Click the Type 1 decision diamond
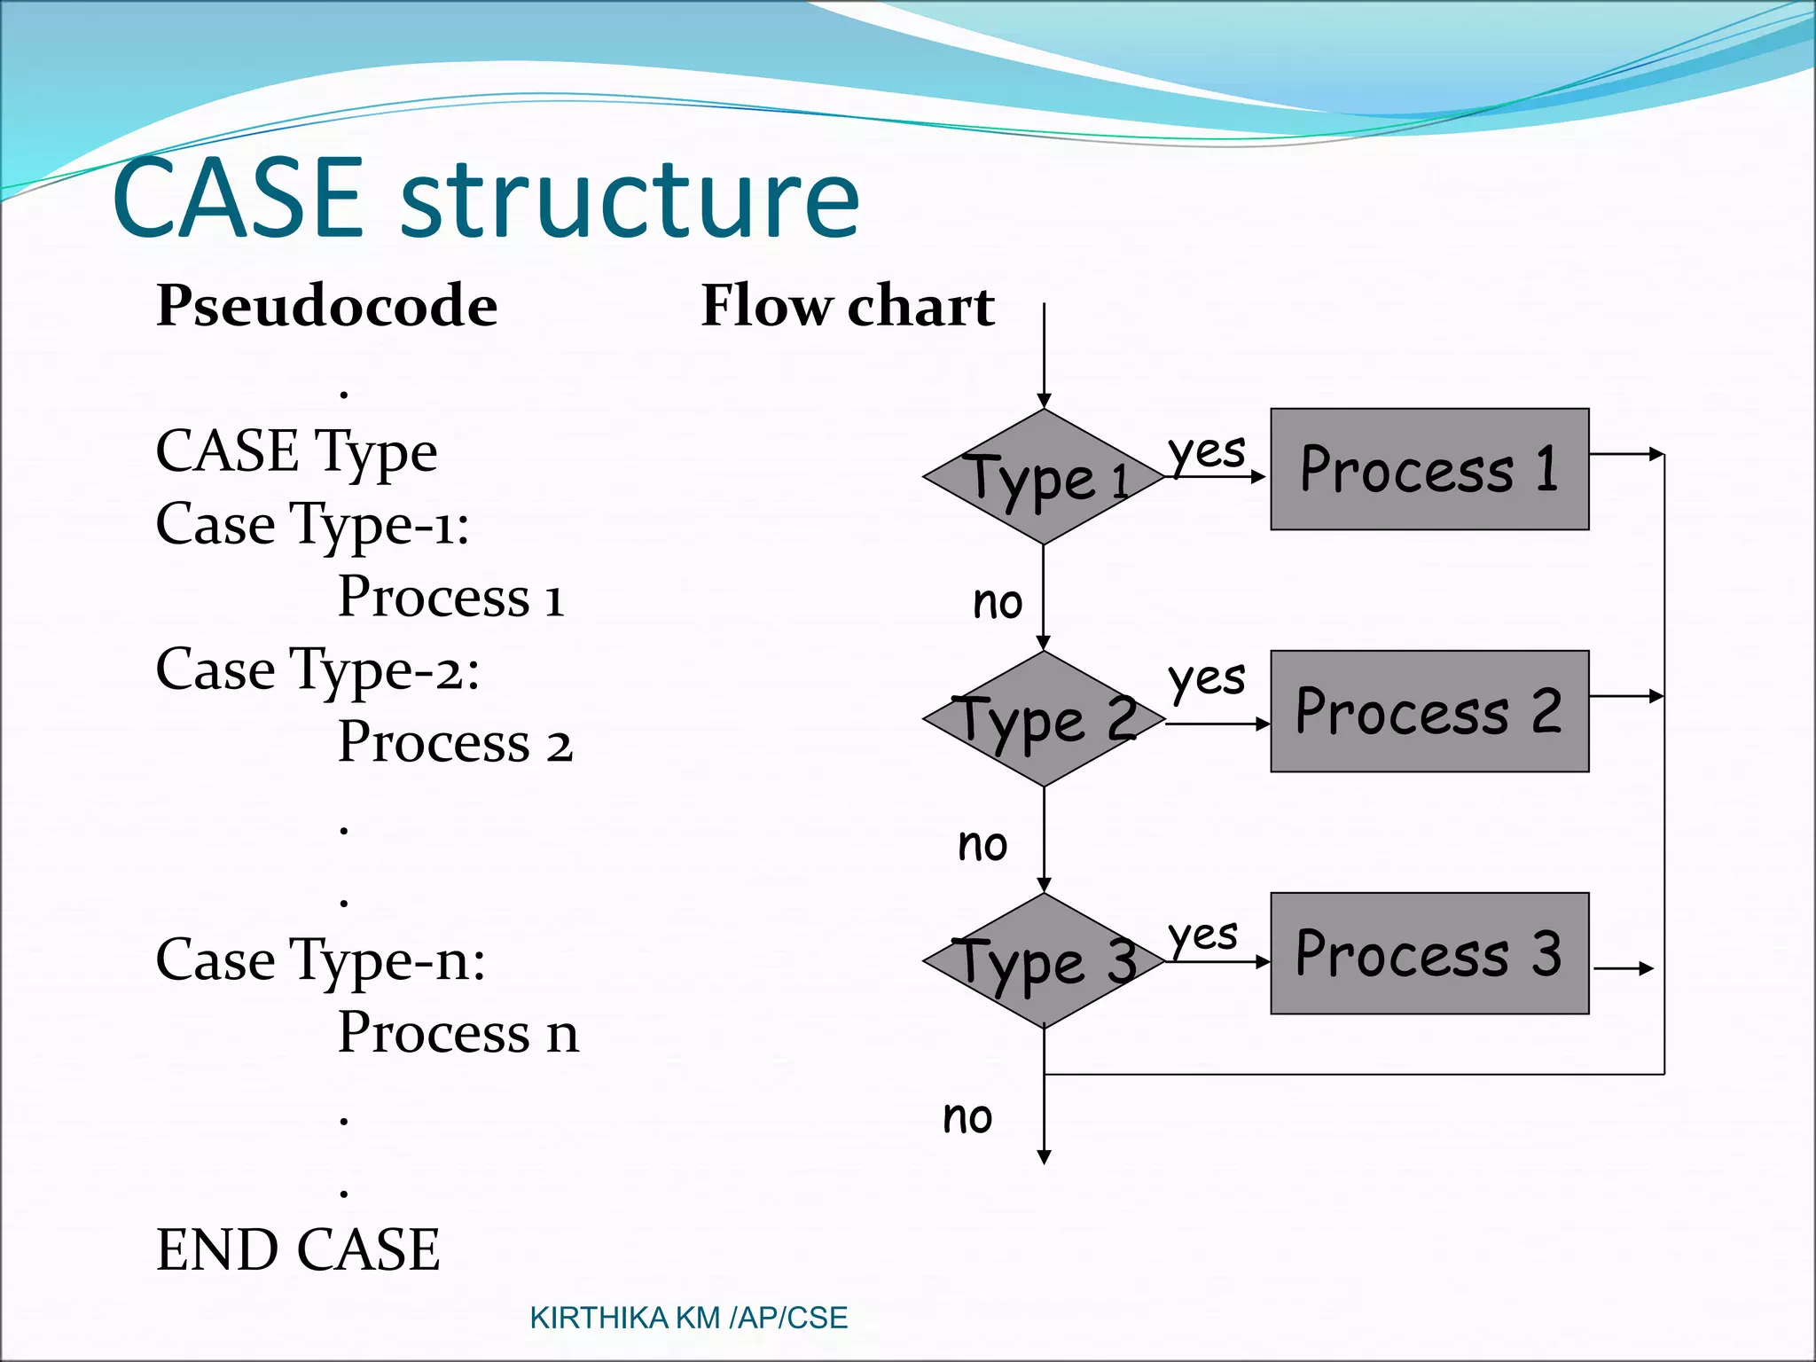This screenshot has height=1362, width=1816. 1044,477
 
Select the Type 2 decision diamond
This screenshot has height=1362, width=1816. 1044,719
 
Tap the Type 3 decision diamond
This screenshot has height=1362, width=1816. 1044,961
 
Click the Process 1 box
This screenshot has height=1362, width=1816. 1429,469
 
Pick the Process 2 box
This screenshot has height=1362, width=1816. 1429,711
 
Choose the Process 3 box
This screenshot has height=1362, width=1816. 1429,953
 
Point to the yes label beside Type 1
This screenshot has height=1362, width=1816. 1206,452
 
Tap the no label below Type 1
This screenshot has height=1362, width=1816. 998,603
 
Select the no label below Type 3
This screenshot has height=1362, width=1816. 967,1117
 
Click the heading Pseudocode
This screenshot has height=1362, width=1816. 326,306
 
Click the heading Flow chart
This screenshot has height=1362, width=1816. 848,306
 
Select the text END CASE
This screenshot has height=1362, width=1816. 298,1249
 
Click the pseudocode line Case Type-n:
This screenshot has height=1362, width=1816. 320,960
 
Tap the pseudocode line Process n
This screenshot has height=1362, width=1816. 458,1033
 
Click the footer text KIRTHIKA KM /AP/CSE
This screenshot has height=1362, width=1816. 688,1318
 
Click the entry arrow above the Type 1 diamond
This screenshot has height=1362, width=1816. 1045,355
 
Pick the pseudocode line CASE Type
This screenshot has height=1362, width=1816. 296,452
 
